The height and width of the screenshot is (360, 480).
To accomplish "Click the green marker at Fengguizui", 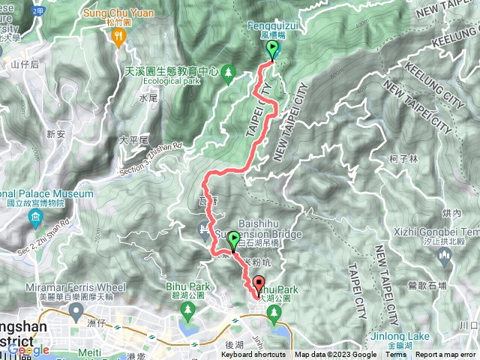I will click(x=272, y=49).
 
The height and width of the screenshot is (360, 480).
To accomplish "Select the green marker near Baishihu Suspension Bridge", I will click(x=233, y=241).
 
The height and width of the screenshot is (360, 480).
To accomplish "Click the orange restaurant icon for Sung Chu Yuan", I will click(x=118, y=42).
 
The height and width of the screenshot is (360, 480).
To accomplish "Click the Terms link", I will click(x=394, y=355).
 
